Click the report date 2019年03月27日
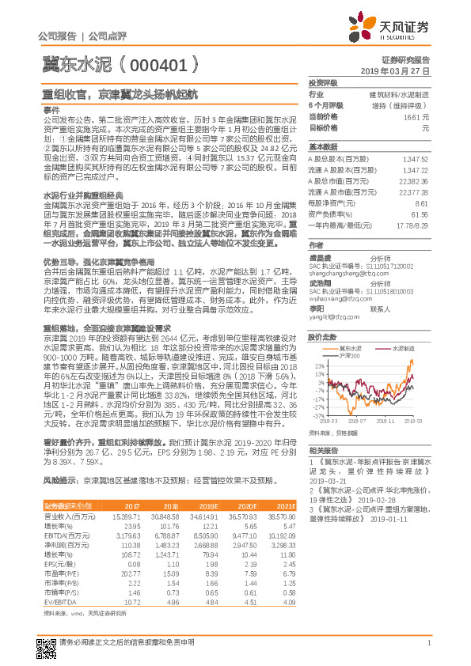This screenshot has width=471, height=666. tap(400, 70)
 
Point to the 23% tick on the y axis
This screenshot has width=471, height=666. tap(319, 344)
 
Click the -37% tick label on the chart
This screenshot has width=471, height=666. tap(318, 414)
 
